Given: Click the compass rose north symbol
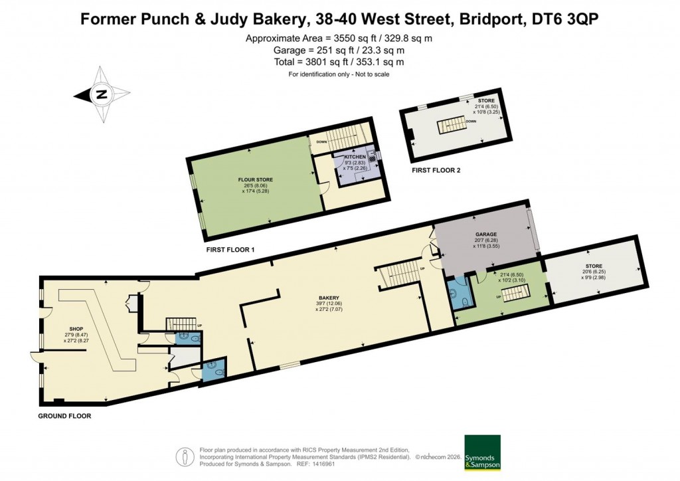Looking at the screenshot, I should tap(101, 94).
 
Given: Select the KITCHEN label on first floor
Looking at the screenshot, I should tap(355, 157).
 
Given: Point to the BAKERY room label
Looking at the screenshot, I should tap(329, 298).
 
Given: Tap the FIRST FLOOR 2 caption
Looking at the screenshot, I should tap(436, 171).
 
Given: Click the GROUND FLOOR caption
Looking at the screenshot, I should tap(64, 416).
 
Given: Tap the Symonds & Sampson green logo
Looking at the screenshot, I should tap(481, 453).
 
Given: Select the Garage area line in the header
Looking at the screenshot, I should tap(339, 50).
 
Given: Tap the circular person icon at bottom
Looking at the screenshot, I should tap(183, 456).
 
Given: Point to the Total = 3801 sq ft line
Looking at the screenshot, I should tap(339, 62).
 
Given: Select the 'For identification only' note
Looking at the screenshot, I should tap(339, 74).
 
